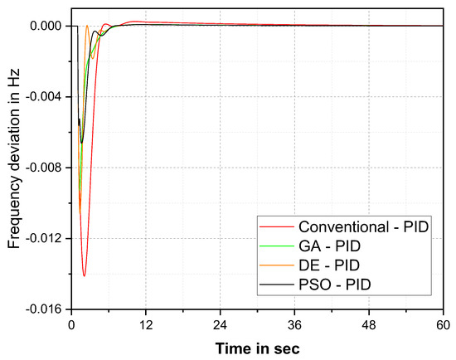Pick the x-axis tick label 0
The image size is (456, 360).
point(72,324)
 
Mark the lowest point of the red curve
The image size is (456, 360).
point(84,275)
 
